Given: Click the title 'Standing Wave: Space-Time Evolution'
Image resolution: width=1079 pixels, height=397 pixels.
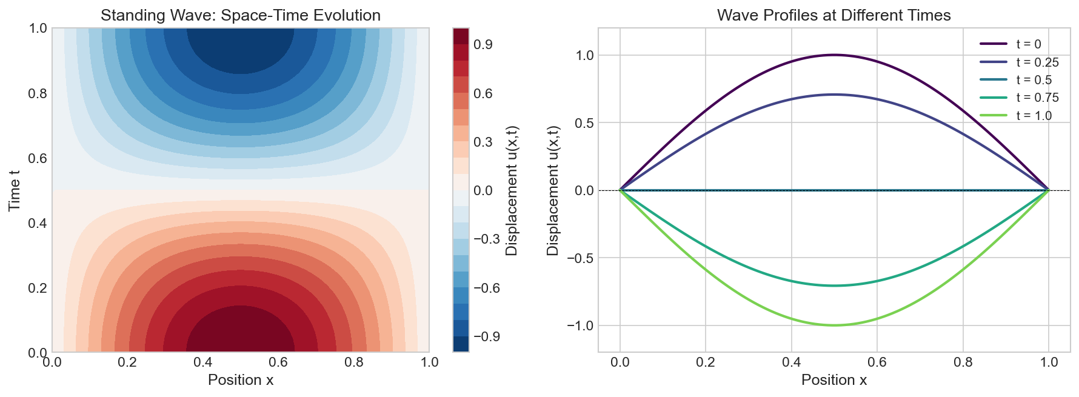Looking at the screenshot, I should (x=241, y=15).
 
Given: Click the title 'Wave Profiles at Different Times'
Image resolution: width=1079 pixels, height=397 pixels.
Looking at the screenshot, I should (x=833, y=15).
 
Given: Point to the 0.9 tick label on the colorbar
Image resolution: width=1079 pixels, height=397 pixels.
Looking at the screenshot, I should (x=483, y=45).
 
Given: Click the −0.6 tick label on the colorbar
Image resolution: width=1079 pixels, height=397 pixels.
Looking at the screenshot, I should (x=487, y=288).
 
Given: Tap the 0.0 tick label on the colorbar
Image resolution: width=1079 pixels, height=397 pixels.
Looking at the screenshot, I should (x=483, y=191).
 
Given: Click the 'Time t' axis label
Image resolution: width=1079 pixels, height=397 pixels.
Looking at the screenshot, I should (x=15, y=190).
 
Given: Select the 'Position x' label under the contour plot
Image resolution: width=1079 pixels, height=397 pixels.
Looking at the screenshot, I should (x=241, y=380).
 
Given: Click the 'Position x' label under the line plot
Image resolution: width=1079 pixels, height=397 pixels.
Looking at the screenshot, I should (x=833, y=380).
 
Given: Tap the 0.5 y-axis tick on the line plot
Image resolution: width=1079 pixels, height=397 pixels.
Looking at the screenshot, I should (x=585, y=123).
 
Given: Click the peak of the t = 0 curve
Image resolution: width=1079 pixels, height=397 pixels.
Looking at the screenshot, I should (x=834, y=55).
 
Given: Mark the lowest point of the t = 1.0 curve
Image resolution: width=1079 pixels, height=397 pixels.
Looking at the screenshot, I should (x=834, y=325).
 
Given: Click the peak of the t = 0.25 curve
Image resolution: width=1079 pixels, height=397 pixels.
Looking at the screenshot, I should (x=834, y=95).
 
